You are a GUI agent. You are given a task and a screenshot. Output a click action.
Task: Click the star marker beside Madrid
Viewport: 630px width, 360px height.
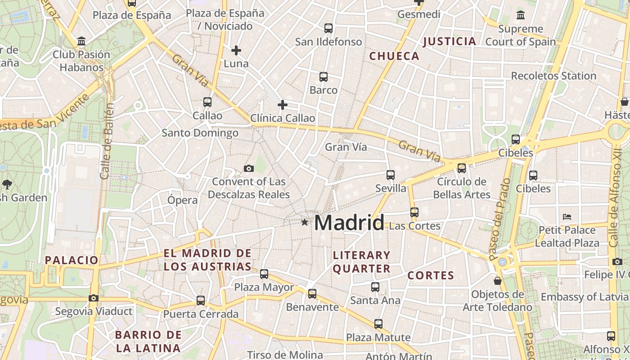(x=305, y=222)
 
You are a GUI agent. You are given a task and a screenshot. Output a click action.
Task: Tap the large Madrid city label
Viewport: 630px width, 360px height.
(x=349, y=223)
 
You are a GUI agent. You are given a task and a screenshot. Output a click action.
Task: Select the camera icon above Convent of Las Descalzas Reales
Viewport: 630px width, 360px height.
(x=248, y=169)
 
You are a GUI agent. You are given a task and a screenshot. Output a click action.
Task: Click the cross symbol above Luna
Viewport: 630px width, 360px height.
(x=236, y=50)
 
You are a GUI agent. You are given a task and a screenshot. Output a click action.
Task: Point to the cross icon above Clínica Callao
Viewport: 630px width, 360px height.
(x=282, y=105)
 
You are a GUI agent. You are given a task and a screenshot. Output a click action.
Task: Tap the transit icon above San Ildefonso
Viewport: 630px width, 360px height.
(x=328, y=28)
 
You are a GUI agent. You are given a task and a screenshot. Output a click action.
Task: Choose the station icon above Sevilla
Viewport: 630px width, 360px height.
(x=390, y=175)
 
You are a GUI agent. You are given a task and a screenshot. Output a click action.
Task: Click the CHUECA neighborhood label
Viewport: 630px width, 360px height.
(x=394, y=56)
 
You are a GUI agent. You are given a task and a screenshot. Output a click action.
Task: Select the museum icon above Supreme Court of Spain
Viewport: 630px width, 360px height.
(x=521, y=15)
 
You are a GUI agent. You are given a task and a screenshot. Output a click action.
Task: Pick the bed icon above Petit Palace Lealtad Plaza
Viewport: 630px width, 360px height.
(x=567, y=217)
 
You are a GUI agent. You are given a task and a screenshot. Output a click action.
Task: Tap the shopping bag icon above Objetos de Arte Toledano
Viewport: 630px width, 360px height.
(x=498, y=281)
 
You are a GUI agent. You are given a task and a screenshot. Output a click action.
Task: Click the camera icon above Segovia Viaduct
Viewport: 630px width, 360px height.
(x=94, y=298)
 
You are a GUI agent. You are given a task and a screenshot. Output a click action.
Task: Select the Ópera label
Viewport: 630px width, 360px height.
(x=182, y=200)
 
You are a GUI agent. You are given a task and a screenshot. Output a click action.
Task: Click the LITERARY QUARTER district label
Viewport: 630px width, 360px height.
(x=362, y=262)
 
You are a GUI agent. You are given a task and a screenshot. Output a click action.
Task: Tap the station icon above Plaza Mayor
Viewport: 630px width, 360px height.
(x=264, y=274)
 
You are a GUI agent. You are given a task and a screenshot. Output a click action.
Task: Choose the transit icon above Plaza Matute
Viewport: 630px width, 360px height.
(x=378, y=324)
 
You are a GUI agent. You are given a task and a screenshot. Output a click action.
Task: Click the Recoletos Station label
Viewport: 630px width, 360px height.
(x=553, y=76)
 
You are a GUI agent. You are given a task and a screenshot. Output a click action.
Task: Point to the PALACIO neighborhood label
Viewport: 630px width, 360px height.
(x=72, y=260)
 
